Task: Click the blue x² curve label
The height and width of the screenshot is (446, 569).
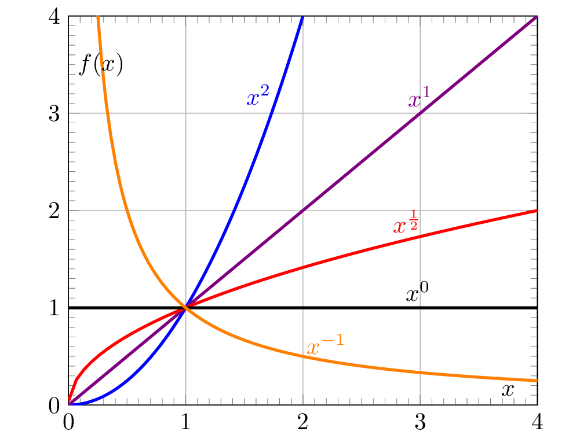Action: (258, 97)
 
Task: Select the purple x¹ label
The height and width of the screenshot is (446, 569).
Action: (420, 99)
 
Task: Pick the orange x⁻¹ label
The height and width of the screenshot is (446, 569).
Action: (324, 347)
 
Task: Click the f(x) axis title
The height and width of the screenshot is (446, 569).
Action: (101, 65)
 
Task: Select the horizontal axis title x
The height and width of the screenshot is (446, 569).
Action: (508, 390)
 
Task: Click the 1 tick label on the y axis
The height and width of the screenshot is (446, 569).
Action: (54, 308)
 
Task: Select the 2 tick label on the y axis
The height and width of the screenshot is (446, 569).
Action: (54, 211)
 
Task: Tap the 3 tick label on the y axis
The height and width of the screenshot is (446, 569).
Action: (54, 113)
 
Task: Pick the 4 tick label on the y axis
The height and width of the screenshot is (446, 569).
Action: (54, 16)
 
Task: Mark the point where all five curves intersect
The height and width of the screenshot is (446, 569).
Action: (185, 308)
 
